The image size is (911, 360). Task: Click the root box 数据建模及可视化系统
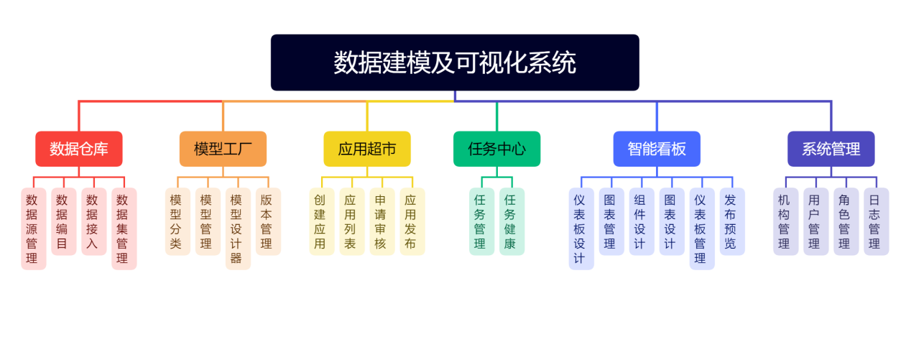(455, 63)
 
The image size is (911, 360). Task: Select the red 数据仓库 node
(79, 149)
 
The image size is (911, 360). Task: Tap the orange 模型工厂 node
(223, 149)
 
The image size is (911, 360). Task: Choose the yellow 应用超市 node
(367, 149)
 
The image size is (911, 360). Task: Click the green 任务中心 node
(496, 149)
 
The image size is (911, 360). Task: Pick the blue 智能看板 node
(657, 149)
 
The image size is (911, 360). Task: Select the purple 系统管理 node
(831, 149)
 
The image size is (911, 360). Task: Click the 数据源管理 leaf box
(33, 229)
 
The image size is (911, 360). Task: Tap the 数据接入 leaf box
(93, 221)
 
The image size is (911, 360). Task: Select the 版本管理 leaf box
(268, 221)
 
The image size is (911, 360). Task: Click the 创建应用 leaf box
(321, 221)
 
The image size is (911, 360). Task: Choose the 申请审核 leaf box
(381, 221)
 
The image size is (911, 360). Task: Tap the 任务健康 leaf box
(512, 221)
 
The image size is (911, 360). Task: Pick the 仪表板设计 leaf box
(581, 229)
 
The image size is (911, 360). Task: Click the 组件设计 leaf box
(642, 221)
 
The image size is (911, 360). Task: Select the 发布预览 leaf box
(732, 221)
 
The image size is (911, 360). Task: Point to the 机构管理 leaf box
(786, 221)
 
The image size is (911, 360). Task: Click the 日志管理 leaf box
(877, 221)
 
